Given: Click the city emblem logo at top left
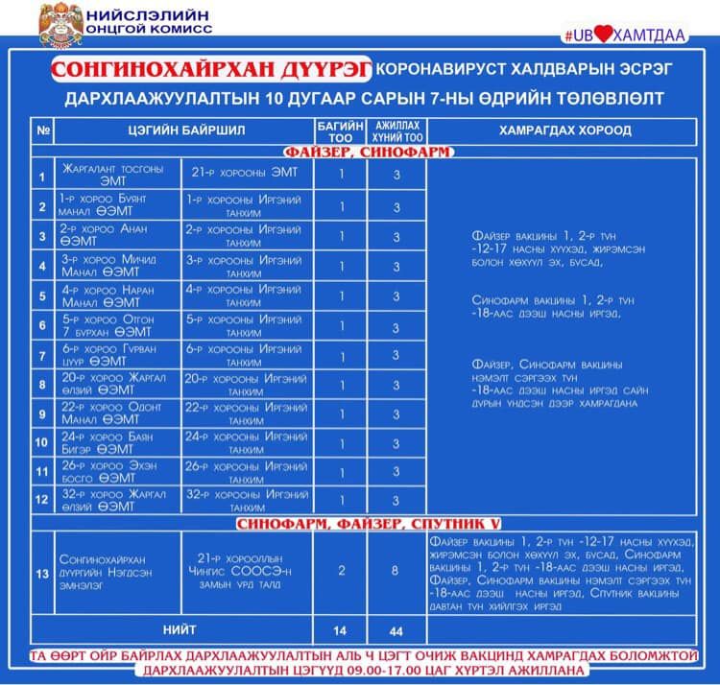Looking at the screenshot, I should coord(60,25).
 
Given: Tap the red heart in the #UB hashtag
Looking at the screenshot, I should coord(602,35).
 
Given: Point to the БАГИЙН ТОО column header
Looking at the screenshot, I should coord(340,130).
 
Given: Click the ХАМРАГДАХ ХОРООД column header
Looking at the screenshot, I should coord(564,130).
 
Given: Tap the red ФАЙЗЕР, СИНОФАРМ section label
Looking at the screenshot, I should coord(368,152).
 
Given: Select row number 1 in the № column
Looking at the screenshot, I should coord(41,176).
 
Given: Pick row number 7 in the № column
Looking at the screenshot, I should coord(41,356).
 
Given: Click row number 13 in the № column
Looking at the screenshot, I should coord(41,574).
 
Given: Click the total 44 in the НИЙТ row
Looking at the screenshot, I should coord(396,631).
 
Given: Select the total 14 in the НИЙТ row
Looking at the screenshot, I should coord(340,631).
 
